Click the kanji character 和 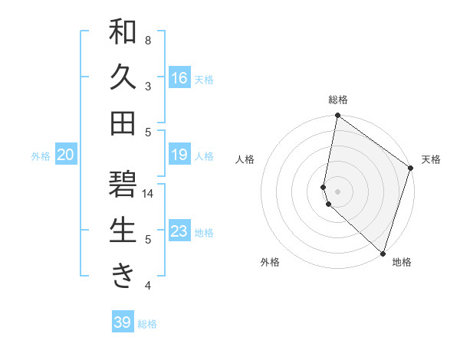123,32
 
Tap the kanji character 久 123,78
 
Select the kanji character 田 123,123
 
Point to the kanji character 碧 123,185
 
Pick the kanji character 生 123,231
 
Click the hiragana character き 123,276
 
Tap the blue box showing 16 179,78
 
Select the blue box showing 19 179,155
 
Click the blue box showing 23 179,231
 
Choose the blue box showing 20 65,155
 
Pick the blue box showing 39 123,322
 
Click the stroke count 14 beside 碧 148,194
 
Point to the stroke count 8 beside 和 148,40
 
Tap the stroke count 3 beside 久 148,86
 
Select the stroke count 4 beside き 148,286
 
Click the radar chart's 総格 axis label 338,100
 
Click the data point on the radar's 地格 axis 383,253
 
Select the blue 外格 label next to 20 41,156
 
